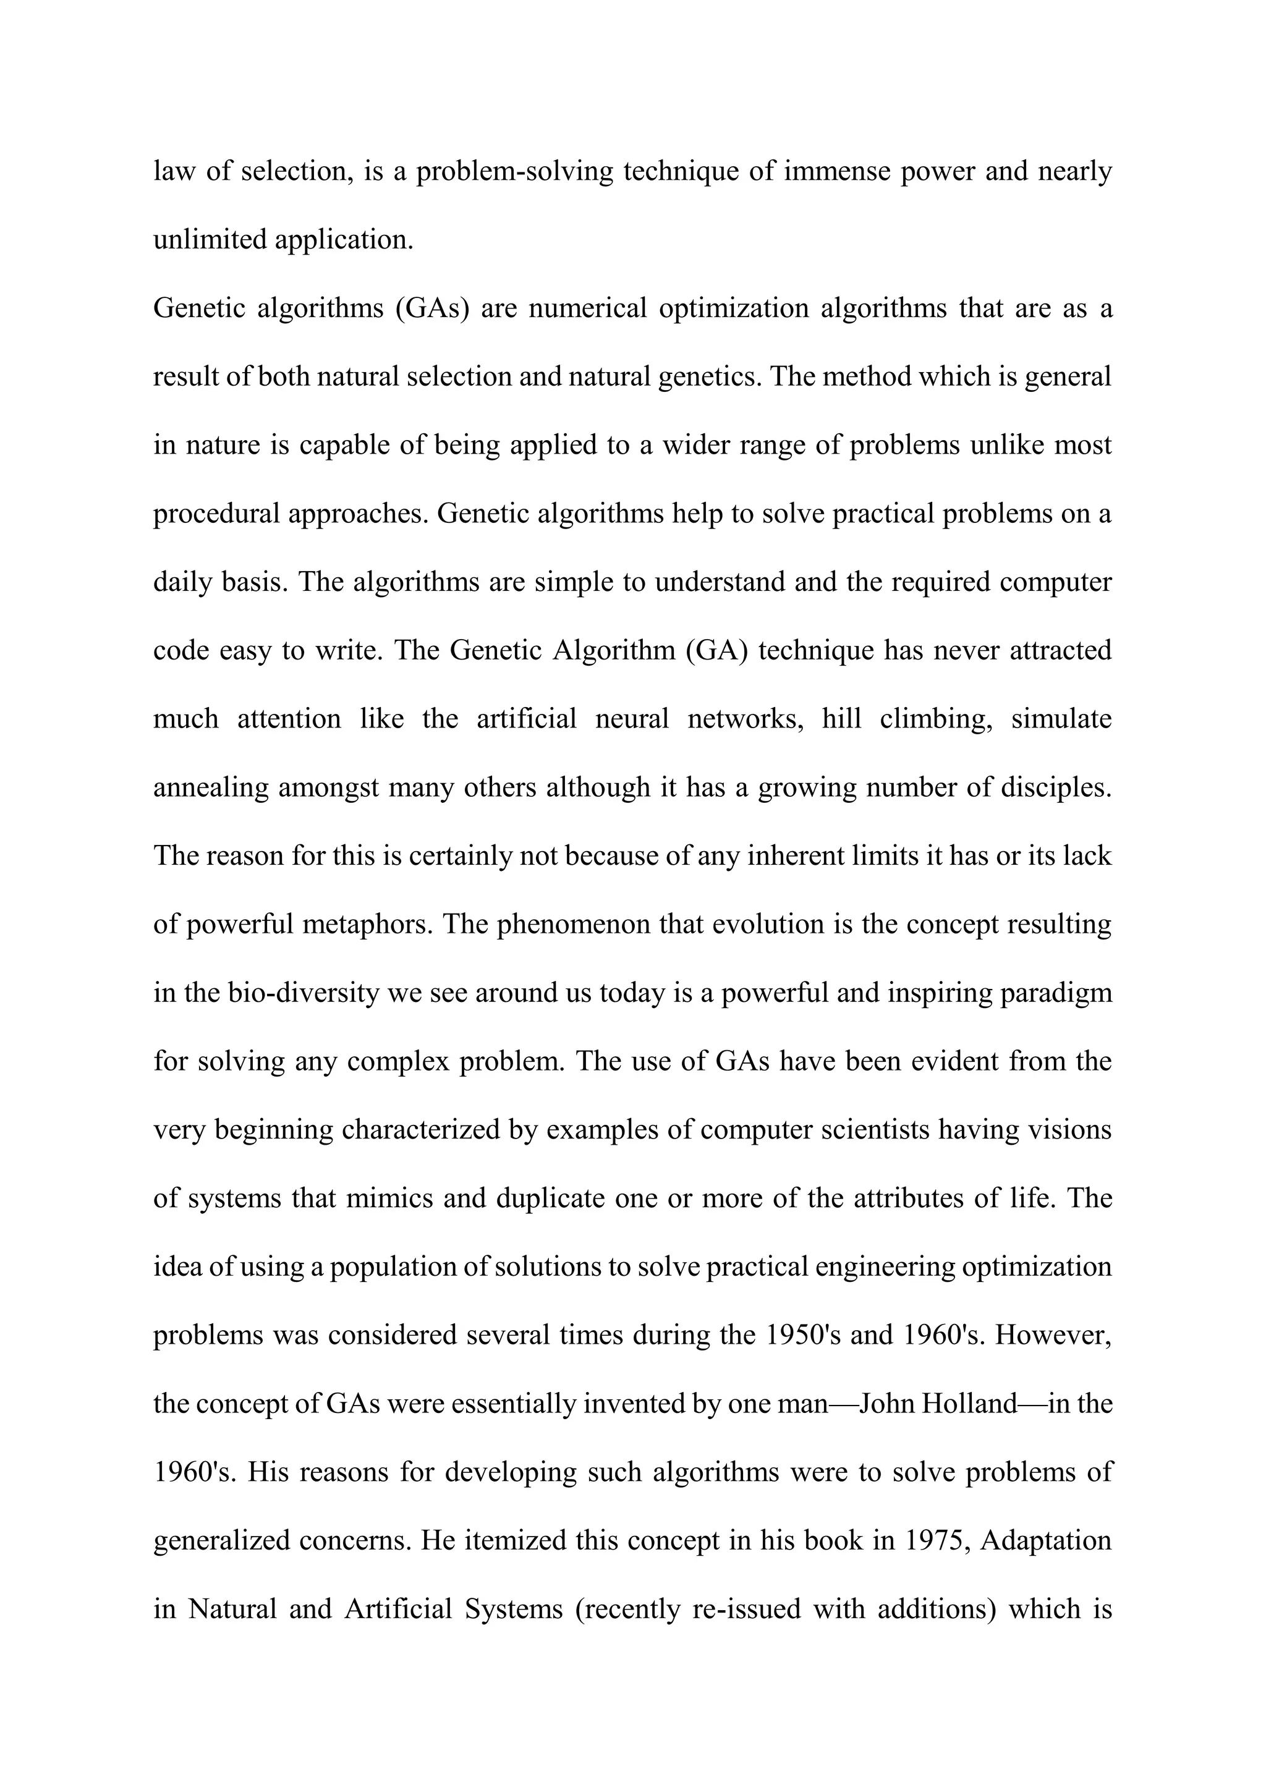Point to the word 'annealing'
210,788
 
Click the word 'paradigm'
1057,993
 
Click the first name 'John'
886,1404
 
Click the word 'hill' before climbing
842,719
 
